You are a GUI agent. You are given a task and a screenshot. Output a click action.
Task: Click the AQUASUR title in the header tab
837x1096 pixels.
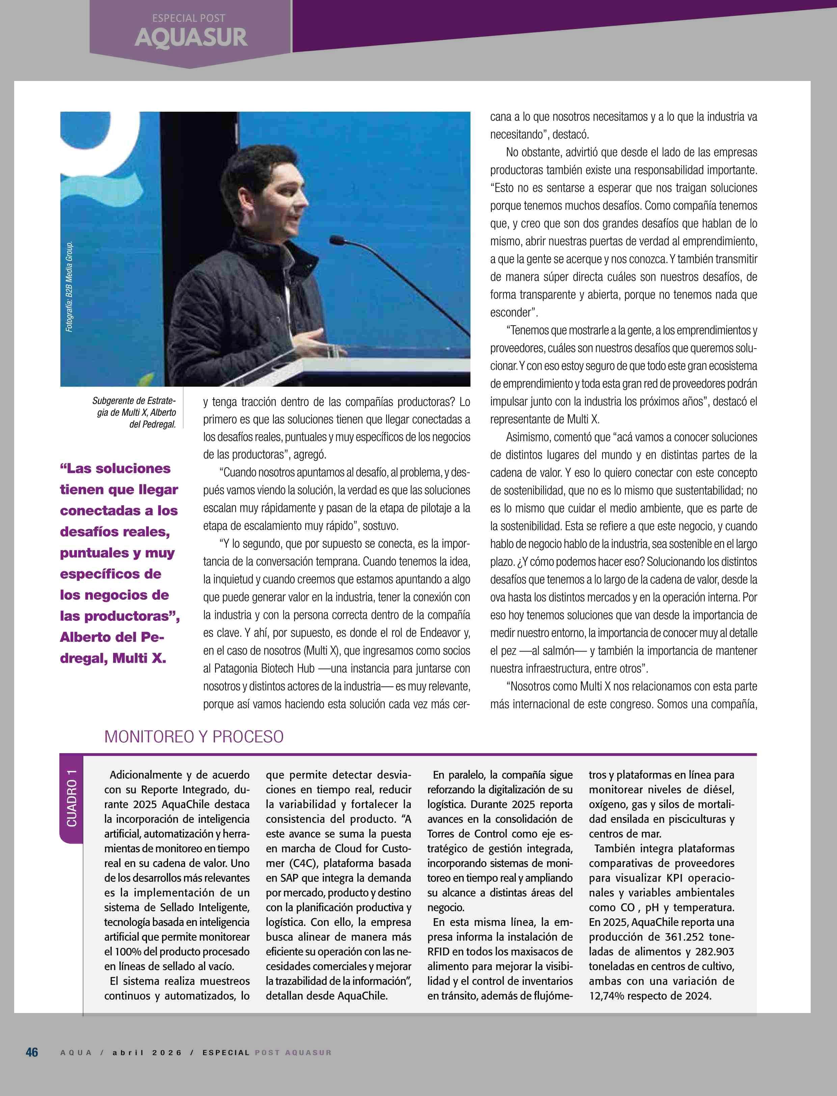pyautogui.click(x=191, y=38)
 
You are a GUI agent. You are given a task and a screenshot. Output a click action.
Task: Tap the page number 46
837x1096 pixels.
pyautogui.click(x=32, y=1052)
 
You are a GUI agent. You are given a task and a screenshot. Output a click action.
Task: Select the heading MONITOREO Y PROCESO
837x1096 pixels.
pyautogui.click(x=194, y=736)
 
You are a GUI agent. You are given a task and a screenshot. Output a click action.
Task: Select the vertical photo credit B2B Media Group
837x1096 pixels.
pyautogui.click(x=69, y=287)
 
